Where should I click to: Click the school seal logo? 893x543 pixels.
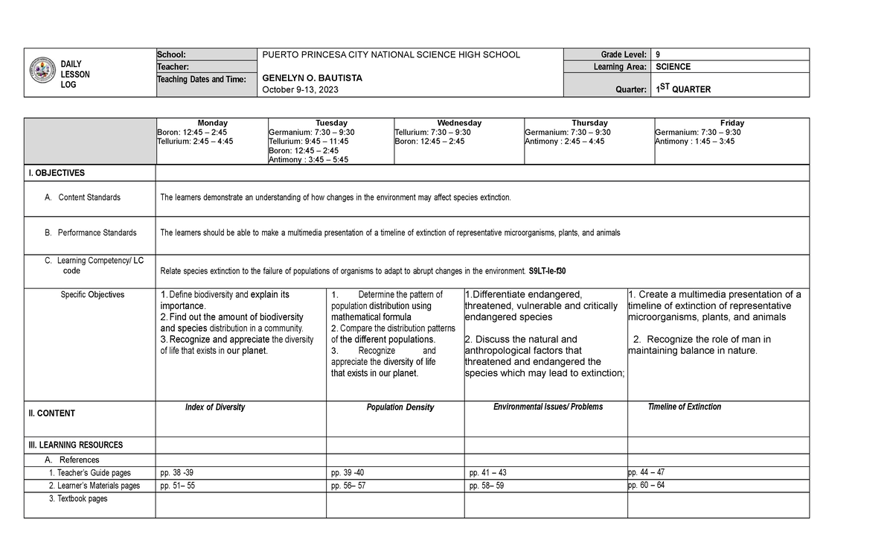coord(42,72)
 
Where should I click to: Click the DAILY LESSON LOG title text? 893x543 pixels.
coord(74,74)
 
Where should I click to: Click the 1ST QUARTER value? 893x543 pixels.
coord(682,89)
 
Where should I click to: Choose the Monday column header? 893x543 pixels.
coord(212,123)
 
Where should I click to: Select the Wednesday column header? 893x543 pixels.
coord(459,123)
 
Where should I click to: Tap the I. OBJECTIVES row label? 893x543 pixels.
coord(57,173)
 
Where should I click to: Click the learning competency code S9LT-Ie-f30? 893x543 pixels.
coord(551,271)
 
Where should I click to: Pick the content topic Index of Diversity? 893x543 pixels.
coord(214,407)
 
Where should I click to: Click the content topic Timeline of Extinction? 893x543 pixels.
coord(684,407)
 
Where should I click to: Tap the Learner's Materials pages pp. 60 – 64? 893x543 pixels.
coord(646,485)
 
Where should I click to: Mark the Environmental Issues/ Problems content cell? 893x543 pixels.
coord(548,407)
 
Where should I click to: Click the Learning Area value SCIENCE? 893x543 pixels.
coord(673,66)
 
